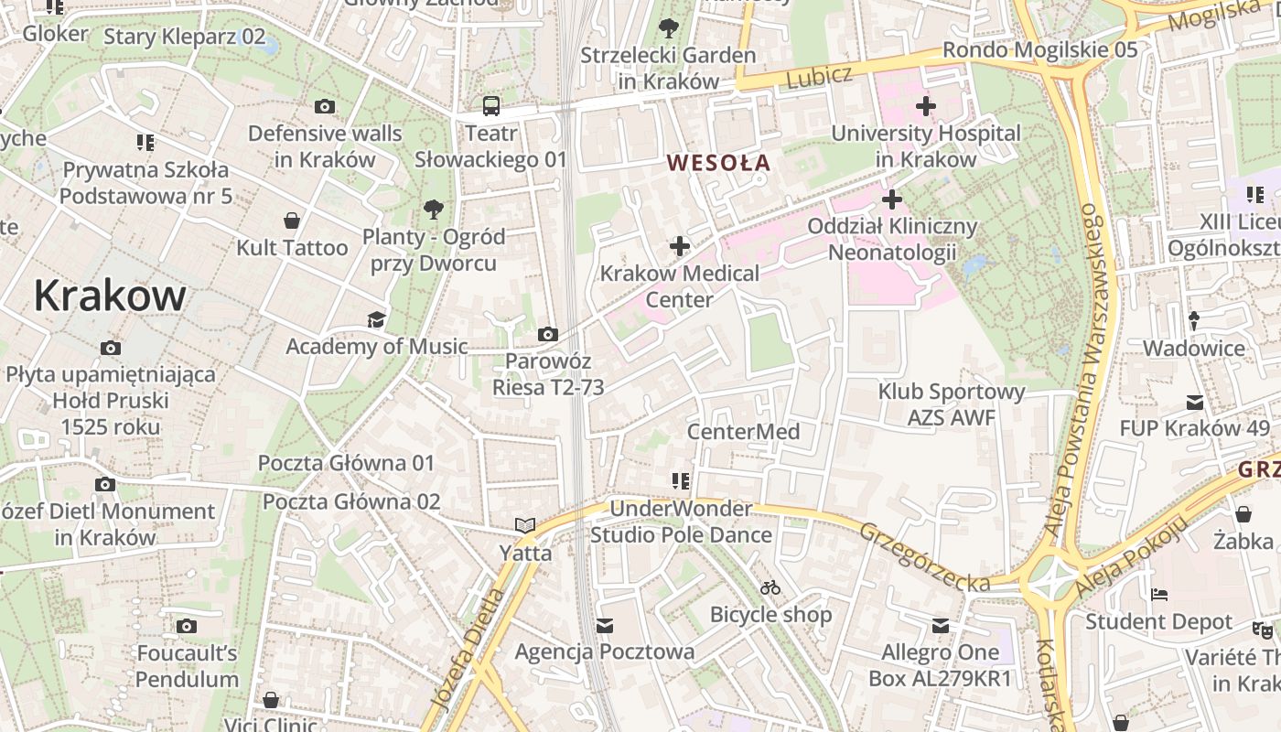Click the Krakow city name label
[x=110, y=296]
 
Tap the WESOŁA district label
[x=718, y=164]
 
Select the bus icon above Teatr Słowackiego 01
[x=491, y=106]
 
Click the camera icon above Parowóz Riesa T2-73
[x=548, y=335]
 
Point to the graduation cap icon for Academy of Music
[x=376, y=320]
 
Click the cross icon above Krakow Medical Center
[x=680, y=246]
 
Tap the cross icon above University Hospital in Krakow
[x=926, y=106]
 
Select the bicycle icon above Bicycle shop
[x=771, y=587]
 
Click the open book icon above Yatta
[x=525, y=525]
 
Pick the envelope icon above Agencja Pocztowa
[x=605, y=626]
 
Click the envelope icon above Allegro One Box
[x=941, y=626]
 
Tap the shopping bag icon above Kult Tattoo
[x=292, y=221]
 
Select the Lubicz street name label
[x=819, y=78]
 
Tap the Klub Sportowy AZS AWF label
[x=952, y=404]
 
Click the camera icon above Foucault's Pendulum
[x=187, y=627]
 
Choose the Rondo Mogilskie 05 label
[x=1040, y=49]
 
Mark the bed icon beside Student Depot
[x=1158, y=595]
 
